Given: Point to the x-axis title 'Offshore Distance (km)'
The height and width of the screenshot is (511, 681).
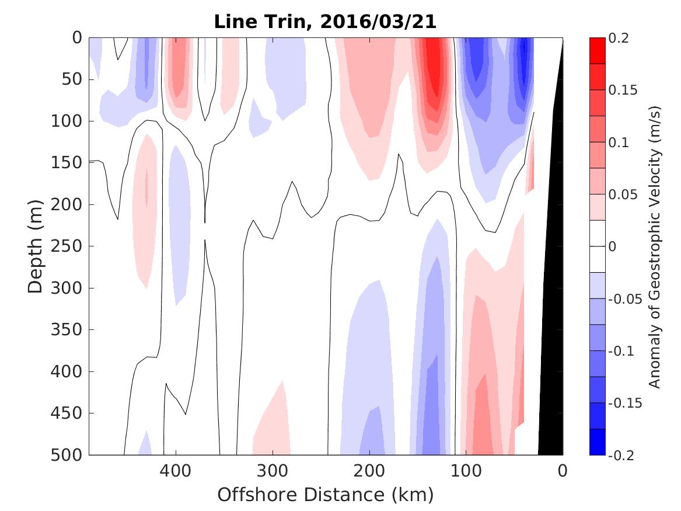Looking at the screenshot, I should point(325,495).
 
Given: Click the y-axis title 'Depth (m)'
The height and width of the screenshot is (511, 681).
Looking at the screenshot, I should point(36,246).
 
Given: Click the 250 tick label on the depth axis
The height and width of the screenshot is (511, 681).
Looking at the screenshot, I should point(69,246).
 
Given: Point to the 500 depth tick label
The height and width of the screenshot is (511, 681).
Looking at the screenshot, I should point(69,455).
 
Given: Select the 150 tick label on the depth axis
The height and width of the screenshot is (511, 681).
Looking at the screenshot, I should point(69,163).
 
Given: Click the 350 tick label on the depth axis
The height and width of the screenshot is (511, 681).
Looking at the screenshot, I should point(69,330).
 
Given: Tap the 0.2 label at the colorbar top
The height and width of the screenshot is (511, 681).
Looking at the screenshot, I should point(620,39).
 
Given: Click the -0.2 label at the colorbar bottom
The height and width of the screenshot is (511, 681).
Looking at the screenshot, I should point(622,455).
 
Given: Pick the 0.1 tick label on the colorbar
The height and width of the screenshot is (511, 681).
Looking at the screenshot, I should point(620,142).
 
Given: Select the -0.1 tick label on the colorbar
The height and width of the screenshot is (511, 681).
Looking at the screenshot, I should point(622,351).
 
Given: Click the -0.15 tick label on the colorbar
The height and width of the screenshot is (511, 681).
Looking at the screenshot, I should point(625,403).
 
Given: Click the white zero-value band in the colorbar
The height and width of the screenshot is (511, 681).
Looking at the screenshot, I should point(597,246).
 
